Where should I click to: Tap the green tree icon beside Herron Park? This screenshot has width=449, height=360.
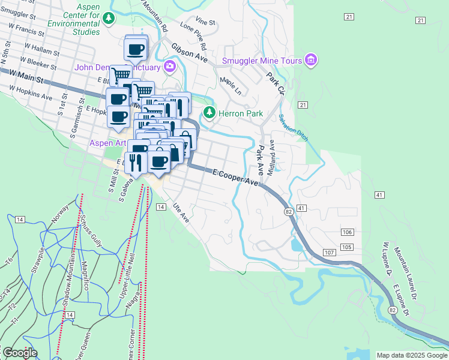pyautogui.click(x=209, y=112)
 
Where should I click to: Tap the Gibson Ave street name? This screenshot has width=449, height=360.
pyautogui.click(x=189, y=53)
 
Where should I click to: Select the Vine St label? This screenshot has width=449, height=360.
pyautogui.click(x=205, y=22)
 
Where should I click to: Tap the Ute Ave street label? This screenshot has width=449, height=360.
pyautogui.click(x=181, y=213)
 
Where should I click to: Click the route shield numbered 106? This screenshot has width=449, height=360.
pyautogui.click(x=347, y=232)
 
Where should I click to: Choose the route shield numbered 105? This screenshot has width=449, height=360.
pyautogui.click(x=346, y=247)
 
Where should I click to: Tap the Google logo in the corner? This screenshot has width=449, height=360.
pyautogui.click(x=19, y=353)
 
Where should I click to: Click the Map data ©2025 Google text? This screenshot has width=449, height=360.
pyautogui.click(x=412, y=355)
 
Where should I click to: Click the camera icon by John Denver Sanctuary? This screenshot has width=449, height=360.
pyautogui.click(x=170, y=66)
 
